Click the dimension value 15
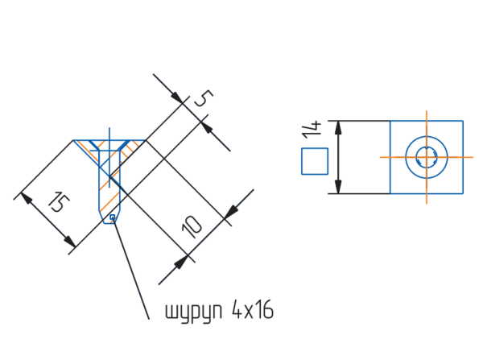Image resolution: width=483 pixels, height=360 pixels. [59, 202]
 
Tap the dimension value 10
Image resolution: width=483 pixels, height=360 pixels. [192, 226]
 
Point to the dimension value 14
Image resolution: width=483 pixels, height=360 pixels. [312, 130]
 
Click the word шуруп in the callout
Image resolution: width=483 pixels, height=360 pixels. [194, 311]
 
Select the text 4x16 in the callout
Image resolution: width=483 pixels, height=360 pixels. [253, 309]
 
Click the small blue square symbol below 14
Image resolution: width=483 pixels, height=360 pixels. [315, 161]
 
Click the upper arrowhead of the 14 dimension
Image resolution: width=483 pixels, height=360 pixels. [338, 127]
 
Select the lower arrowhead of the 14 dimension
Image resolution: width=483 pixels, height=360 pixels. [338, 187]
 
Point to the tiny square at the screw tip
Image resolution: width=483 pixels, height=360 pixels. [113, 217]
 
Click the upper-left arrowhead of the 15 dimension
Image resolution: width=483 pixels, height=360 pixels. [27, 198]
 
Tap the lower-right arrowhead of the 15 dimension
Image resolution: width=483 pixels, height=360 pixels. [70, 242]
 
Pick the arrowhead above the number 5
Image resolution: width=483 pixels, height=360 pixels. [178, 98]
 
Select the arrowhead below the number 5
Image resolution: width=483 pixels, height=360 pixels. [207, 127]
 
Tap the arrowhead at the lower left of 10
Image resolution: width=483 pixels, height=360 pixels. [181, 263]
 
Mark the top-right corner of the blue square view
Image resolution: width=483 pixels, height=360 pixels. [463, 121]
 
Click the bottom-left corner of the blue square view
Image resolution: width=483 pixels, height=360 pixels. [390, 194]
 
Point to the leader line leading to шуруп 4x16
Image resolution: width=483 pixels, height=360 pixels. [131, 268]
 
